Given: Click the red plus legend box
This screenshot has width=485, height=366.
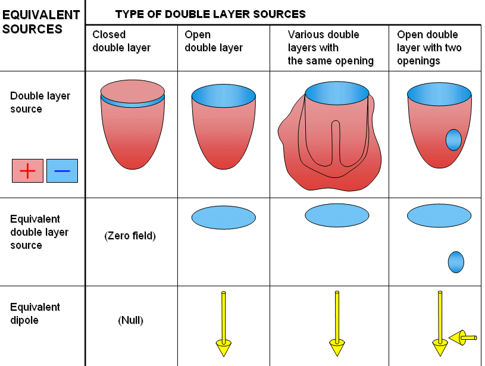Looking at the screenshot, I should point(27,171).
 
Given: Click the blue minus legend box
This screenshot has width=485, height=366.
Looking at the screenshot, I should point(62,171).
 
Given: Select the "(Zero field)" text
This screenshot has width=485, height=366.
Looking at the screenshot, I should point(130,236).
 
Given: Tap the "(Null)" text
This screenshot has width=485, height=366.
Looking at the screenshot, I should point(130,320).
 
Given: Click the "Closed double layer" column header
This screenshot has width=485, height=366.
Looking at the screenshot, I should point(121,41).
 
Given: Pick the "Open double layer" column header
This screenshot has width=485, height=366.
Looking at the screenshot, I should point(213,41).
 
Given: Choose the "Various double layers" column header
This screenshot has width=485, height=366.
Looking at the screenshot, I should point(330,48).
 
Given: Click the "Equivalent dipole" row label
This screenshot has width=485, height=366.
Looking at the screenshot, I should point(35,314).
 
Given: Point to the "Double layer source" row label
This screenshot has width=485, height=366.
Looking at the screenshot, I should point(40,102).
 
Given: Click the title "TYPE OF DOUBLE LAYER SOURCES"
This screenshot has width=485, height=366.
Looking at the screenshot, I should point(210,14).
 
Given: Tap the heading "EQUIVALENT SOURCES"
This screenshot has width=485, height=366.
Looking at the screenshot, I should point(40,21).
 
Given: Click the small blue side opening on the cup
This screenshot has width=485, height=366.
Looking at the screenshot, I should point(453,140).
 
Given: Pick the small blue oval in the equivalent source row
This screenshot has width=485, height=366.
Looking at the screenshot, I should point(455,262).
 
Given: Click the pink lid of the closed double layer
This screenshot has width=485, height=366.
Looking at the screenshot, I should point(132,91).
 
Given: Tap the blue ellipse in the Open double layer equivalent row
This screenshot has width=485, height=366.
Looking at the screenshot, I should point(223,218).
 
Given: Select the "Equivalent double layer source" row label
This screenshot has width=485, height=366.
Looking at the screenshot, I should point(39,232).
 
